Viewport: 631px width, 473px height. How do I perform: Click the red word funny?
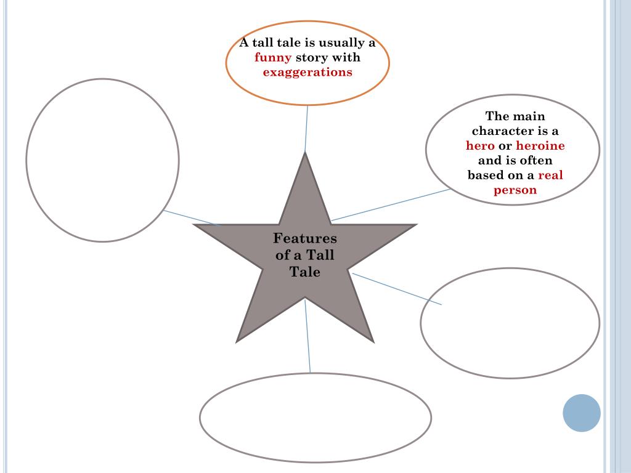(273, 58)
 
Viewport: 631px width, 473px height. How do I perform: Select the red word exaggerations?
(307, 72)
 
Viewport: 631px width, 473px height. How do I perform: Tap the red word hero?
(480, 146)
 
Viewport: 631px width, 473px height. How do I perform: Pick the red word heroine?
(540, 146)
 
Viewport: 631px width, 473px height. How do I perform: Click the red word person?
(515, 190)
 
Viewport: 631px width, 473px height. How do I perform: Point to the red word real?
(550, 175)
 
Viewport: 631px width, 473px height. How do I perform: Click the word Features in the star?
(305, 238)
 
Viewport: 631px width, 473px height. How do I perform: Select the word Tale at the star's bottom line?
(305, 272)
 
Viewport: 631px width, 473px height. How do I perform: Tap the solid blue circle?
(581, 413)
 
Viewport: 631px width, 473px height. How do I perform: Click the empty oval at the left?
(102, 160)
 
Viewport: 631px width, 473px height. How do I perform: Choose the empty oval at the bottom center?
(315, 418)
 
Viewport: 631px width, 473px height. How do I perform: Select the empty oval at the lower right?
(510, 323)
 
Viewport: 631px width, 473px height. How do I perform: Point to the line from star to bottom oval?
(307, 336)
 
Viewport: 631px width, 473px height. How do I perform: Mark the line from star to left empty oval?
(191, 217)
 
